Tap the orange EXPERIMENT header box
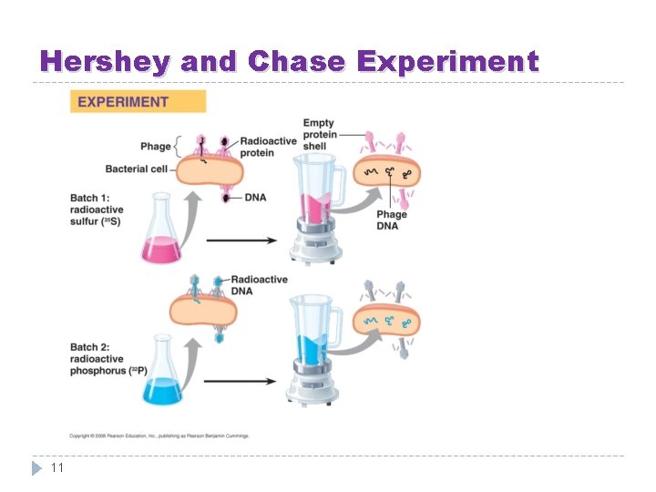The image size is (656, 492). (x=138, y=101)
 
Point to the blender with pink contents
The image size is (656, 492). (x=315, y=207)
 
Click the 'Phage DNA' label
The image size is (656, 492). (x=392, y=220)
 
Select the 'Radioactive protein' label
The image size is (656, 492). (x=269, y=147)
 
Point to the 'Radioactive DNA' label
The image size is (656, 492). (x=260, y=285)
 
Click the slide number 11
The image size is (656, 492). (x=56, y=467)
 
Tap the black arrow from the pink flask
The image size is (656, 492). (x=240, y=241)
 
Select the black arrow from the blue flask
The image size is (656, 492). (x=240, y=382)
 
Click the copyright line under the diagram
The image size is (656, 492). (x=159, y=436)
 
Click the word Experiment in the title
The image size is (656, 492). (x=448, y=62)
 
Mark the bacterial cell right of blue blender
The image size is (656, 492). (x=387, y=321)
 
